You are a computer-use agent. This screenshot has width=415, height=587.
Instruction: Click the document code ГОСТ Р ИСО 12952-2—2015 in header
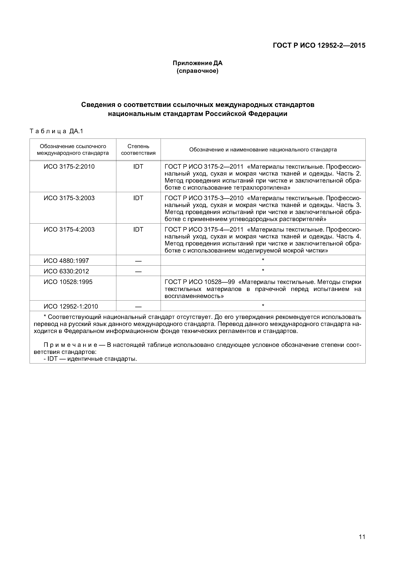[319, 46]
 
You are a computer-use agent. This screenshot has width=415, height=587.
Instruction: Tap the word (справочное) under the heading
[197, 71]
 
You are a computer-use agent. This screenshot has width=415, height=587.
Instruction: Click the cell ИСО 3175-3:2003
[69, 198]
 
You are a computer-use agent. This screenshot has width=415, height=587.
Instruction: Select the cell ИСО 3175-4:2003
[69, 230]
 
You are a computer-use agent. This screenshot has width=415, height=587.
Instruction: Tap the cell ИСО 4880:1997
[66, 261]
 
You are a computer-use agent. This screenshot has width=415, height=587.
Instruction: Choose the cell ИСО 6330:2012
[66, 271]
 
